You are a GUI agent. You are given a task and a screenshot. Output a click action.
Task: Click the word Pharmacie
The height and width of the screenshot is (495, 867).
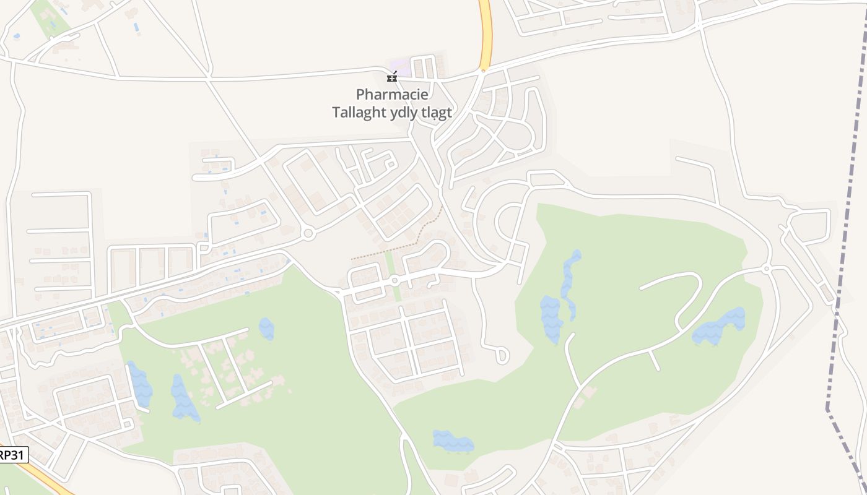(392, 95)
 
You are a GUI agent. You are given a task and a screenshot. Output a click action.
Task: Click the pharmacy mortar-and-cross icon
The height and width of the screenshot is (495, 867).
(391, 77)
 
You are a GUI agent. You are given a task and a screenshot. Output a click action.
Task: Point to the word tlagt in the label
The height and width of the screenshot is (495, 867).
(435, 113)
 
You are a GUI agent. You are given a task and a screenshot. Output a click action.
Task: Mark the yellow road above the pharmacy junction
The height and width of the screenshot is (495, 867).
(485, 31)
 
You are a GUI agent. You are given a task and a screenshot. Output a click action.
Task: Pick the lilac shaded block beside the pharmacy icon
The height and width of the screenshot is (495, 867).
(401, 66)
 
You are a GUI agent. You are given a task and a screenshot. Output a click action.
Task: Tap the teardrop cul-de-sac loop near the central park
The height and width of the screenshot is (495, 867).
(502, 355)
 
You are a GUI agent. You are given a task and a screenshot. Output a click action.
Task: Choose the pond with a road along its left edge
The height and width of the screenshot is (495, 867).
(140, 384)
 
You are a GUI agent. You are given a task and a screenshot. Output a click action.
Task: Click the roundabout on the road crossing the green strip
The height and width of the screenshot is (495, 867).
(394, 281)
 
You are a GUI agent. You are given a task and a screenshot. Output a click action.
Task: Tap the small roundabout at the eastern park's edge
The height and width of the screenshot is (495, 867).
(767, 269)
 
